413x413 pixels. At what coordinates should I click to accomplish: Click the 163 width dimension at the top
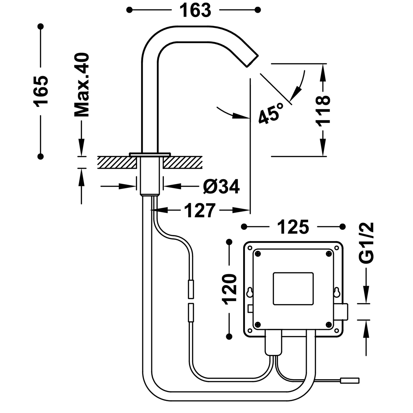(x=195, y=10)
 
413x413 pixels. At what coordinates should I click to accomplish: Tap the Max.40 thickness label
(x=82, y=85)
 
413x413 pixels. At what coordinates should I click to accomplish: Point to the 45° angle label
(x=271, y=113)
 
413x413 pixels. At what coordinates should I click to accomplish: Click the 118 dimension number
(x=323, y=111)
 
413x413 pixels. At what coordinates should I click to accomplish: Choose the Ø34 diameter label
(x=221, y=187)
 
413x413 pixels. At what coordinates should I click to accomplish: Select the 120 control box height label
(x=230, y=289)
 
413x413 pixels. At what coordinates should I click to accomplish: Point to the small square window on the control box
(x=293, y=289)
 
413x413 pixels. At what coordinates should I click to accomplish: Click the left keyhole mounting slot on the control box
(x=250, y=292)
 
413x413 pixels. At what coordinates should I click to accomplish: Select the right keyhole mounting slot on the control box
(x=336, y=292)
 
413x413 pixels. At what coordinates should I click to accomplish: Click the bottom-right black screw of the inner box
(x=328, y=325)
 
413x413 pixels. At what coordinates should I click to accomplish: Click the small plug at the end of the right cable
(x=350, y=381)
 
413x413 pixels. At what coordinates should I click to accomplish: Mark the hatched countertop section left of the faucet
(x=117, y=162)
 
